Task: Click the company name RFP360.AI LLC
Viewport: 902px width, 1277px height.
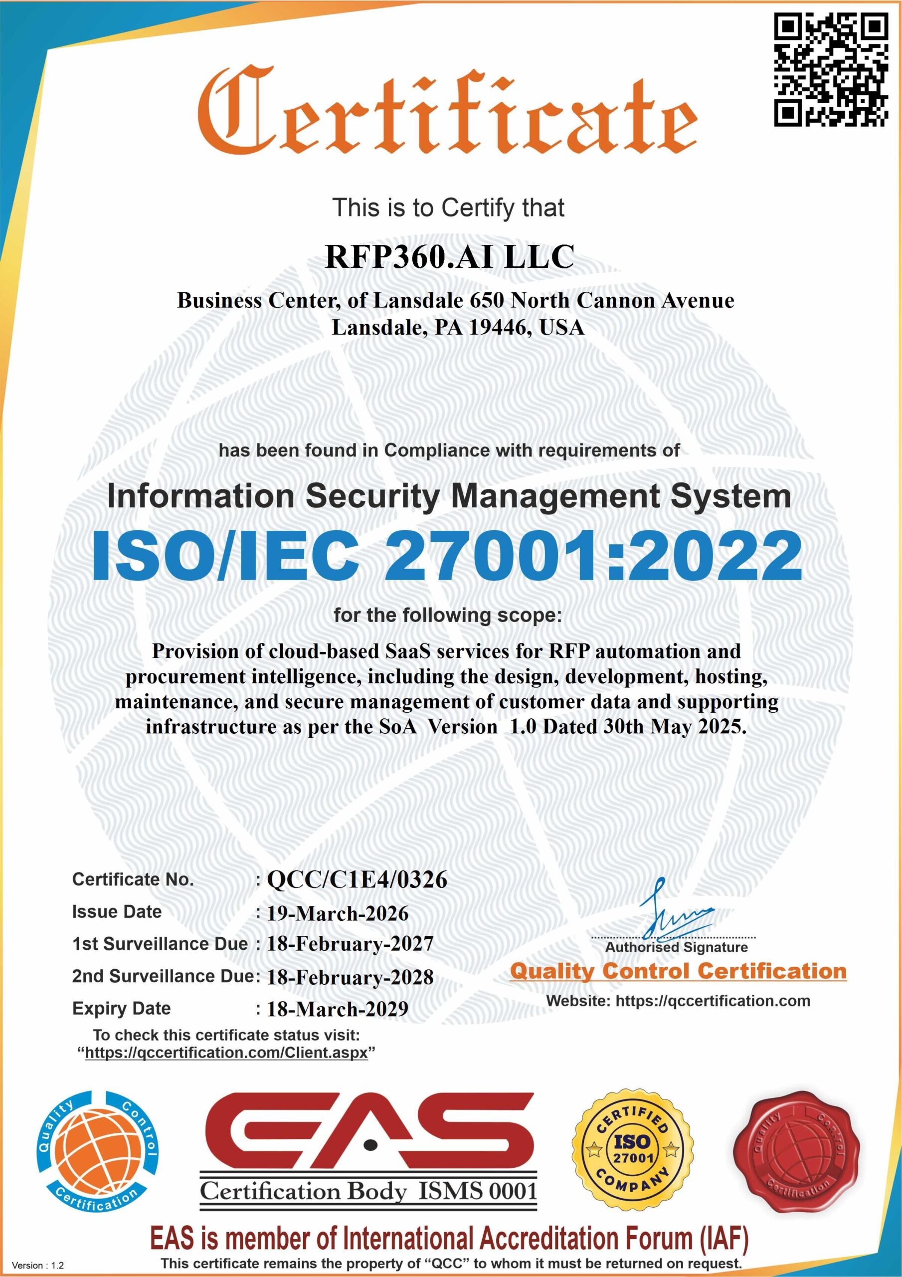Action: tap(449, 257)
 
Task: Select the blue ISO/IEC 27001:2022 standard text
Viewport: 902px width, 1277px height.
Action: tap(447, 556)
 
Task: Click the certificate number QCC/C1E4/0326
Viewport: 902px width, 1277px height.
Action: tap(357, 880)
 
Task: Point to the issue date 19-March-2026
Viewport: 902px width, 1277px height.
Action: tap(338, 913)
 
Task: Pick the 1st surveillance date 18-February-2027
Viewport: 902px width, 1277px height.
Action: tap(350, 944)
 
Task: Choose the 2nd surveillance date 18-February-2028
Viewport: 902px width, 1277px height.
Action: tap(350, 977)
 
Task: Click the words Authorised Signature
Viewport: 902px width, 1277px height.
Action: tap(676, 947)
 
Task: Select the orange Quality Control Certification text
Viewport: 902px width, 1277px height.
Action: tap(678, 971)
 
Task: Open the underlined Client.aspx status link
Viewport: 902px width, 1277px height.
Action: tap(226, 1053)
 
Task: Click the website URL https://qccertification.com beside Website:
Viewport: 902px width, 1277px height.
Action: tap(713, 1001)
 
